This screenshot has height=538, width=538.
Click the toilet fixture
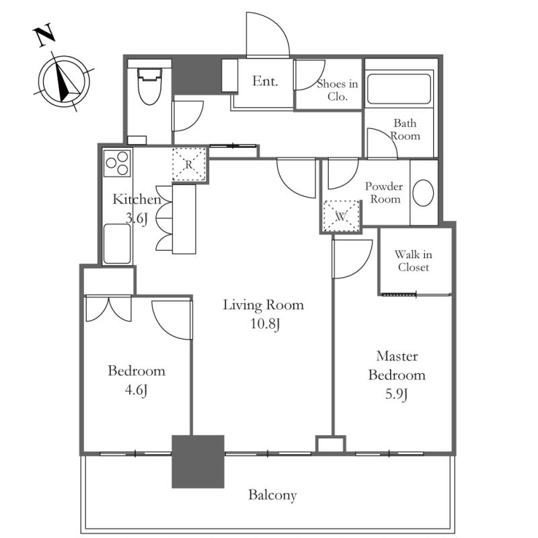pyautogui.click(x=149, y=86)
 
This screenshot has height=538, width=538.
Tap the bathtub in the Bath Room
pyautogui.click(x=399, y=89)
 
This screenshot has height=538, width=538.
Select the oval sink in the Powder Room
pyautogui.click(x=423, y=193)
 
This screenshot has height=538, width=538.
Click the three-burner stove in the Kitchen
pyautogui.click(x=117, y=163)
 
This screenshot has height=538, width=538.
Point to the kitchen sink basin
pyautogui.click(x=117, y=243)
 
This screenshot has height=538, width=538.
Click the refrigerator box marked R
pyautogui.click(x=189, y=164)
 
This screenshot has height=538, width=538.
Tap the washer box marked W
pyautogui.click(x=341, y=216)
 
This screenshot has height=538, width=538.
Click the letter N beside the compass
pyautogui.click(x=44, y=34)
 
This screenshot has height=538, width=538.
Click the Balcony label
pyautogui.click(x=272, y=495)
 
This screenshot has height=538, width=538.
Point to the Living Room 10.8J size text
pyautogui.click(x=265, y=323)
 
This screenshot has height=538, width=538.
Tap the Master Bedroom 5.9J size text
pyautogui.click(x=397, y=394)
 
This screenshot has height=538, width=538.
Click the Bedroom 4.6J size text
pyautogui.click(x=137, y=390)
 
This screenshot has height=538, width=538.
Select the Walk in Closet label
pyautogui.click(x=414, y=261)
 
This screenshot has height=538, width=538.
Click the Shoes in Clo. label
pyautogui.click(x=338, y=90)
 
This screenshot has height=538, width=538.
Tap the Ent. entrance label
pyautogui.click(x=265, y=81)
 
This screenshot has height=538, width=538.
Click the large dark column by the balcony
pyautogui.click(x=198, y=461)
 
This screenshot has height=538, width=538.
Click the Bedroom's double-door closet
pyautogui.click(x=108, y=309)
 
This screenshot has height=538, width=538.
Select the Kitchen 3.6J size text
pyautogui.click(x=137, y=218)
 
